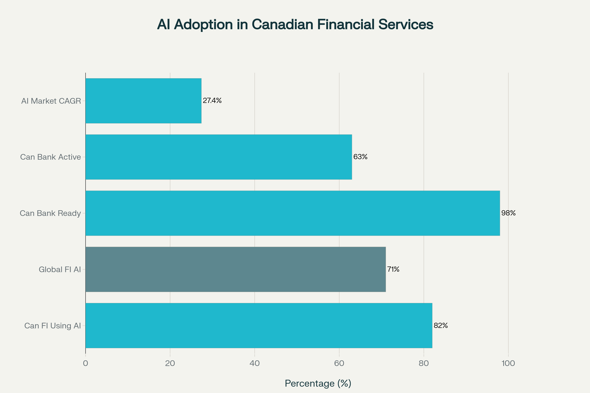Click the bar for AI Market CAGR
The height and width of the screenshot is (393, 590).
[143, 101]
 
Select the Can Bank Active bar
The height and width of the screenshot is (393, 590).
[219, 157]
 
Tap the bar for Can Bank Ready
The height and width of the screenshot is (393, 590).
[293, 213]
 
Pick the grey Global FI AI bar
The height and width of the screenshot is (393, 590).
[236, 269]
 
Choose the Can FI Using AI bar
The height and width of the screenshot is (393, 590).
[259, 325]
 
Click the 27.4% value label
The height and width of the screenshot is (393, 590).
[212, 100]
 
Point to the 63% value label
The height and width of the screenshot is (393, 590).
[360, 157]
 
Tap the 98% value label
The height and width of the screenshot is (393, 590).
[508, 213]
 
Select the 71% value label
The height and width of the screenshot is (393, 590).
[393, 269]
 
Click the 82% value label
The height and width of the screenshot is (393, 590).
[441, 325]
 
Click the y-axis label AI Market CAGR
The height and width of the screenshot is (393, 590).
[51, 101]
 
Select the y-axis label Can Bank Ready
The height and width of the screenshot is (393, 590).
[50, 213]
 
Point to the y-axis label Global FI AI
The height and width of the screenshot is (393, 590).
[60, 269]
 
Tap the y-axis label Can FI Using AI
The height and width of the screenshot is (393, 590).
[52, 326]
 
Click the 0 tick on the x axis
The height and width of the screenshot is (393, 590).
[86, 363]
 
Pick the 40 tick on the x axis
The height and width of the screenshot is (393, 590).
[255, 363]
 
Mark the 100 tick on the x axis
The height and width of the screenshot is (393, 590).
[508, 363]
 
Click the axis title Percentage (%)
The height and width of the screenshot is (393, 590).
[318, 383]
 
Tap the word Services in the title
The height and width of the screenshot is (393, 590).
[406, 25]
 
